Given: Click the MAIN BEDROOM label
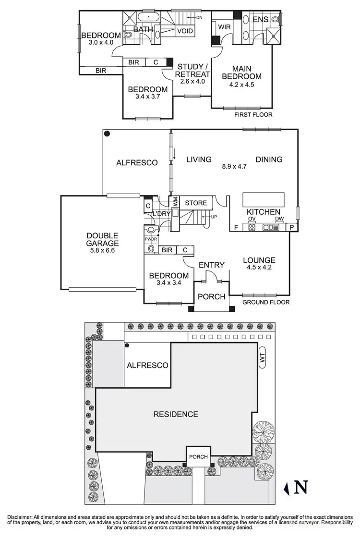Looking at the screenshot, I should pyautogui.click(x=245, y=72).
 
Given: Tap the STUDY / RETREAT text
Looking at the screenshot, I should pyautogui.click(x=192, y=71).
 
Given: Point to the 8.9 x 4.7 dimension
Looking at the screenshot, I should pyautogui.click(x=234, y=167).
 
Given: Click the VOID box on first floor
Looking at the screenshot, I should pyautogui.click(x=185, y=31).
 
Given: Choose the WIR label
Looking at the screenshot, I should pyautogui.click(x=224, y=27).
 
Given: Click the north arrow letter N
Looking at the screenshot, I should pyautogui.click(x=301, y=488).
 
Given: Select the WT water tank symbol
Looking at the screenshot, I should pyautogui.click(x=262, y=358).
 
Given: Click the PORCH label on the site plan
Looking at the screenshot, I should pyautogui.click(x=198, y=456).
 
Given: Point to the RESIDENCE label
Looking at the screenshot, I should pyautogui.click(x=175, y=414).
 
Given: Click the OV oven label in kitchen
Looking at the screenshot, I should pyautogui.click(x=251, y=220).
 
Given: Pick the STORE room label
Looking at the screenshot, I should pyautogui.click(x=195, y=203).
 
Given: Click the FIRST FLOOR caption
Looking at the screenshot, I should pyautogui.click(x=253, y=115).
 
